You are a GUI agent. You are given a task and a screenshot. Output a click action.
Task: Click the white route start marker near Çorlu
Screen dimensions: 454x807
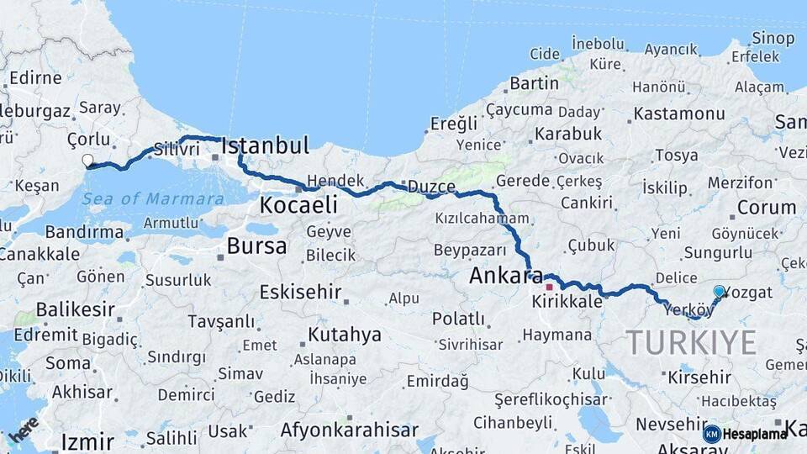click(87, 160)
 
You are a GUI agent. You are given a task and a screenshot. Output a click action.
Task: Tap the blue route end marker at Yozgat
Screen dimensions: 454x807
click(719, 292)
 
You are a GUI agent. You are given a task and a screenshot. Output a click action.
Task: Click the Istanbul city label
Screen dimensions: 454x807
click(265, 145)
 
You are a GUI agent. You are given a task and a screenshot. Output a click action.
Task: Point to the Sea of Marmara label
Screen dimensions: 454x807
click(154, 199)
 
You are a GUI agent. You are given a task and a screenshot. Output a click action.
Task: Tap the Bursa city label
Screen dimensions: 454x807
click(256, 246)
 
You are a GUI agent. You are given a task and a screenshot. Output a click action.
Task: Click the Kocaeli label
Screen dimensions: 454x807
click(298, 204)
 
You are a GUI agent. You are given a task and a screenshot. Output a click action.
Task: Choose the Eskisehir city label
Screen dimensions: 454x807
click(300, 293)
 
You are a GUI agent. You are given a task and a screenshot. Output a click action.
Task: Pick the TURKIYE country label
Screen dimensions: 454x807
click(691, 343)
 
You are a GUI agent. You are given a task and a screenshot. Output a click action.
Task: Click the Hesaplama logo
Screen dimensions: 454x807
click(746, 434)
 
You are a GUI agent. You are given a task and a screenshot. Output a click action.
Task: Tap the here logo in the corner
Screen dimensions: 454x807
click(23, 428)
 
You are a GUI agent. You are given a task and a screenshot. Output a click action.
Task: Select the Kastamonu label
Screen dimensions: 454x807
click(679, 113)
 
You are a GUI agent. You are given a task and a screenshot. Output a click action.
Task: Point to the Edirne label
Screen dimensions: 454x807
click(34, 78)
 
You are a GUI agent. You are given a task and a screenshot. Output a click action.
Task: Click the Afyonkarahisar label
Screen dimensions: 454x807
click(349, 430)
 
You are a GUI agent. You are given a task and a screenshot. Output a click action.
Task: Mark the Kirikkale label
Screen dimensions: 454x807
click(567, 300)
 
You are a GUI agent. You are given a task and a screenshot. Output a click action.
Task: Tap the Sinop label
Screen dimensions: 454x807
click(773, 38)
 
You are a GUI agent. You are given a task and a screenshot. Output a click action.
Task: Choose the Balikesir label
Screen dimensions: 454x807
click(75, 309)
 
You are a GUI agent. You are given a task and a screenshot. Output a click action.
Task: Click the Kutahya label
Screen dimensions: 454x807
click(344, 335)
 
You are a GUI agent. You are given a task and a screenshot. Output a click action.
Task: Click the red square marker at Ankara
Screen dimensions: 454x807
click(549, 287)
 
